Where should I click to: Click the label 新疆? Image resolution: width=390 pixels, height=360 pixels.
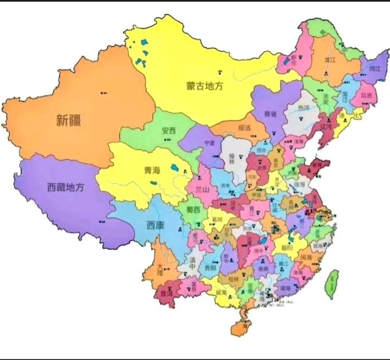(69, 120)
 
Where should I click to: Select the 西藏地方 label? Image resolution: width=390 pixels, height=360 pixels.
(66, 187)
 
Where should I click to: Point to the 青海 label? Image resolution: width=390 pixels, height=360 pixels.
(152, 170)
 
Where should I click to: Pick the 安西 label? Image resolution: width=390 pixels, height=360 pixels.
(168, 130)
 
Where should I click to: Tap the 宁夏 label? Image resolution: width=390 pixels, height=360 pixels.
(210, 143)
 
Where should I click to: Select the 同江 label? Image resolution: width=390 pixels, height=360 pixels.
(374, 69)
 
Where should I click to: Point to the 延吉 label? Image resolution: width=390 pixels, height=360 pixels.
(367, 95)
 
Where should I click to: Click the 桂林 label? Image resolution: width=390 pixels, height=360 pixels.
(233, 278)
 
